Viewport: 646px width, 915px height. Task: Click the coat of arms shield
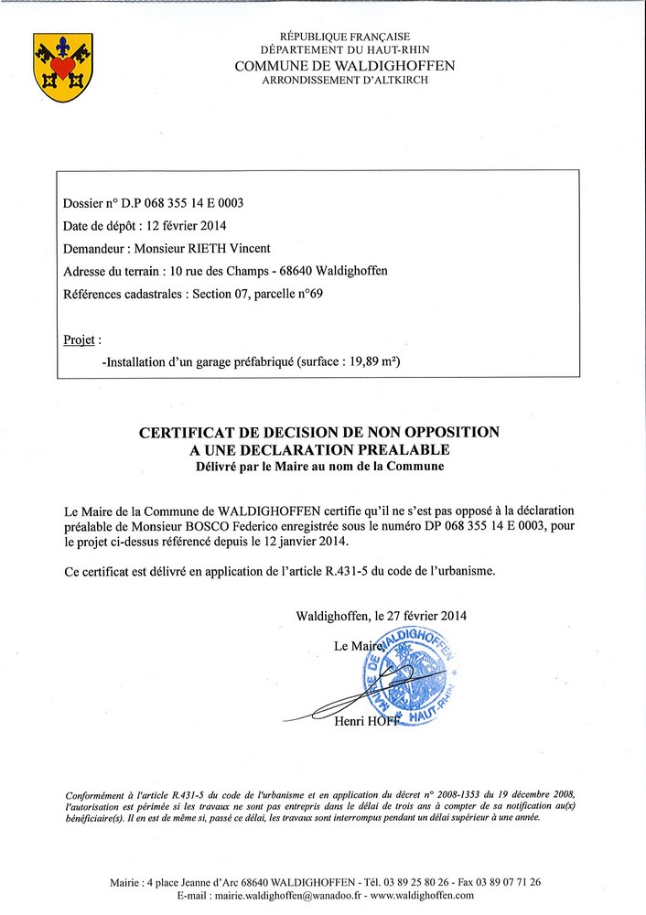coord(63,67)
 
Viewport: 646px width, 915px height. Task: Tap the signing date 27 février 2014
coord(422,615)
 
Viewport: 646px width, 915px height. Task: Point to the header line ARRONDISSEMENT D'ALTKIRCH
coord(345,81)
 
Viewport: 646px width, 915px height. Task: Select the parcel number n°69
coord(307,294)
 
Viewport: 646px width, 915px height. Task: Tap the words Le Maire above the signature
coord(355,646)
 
